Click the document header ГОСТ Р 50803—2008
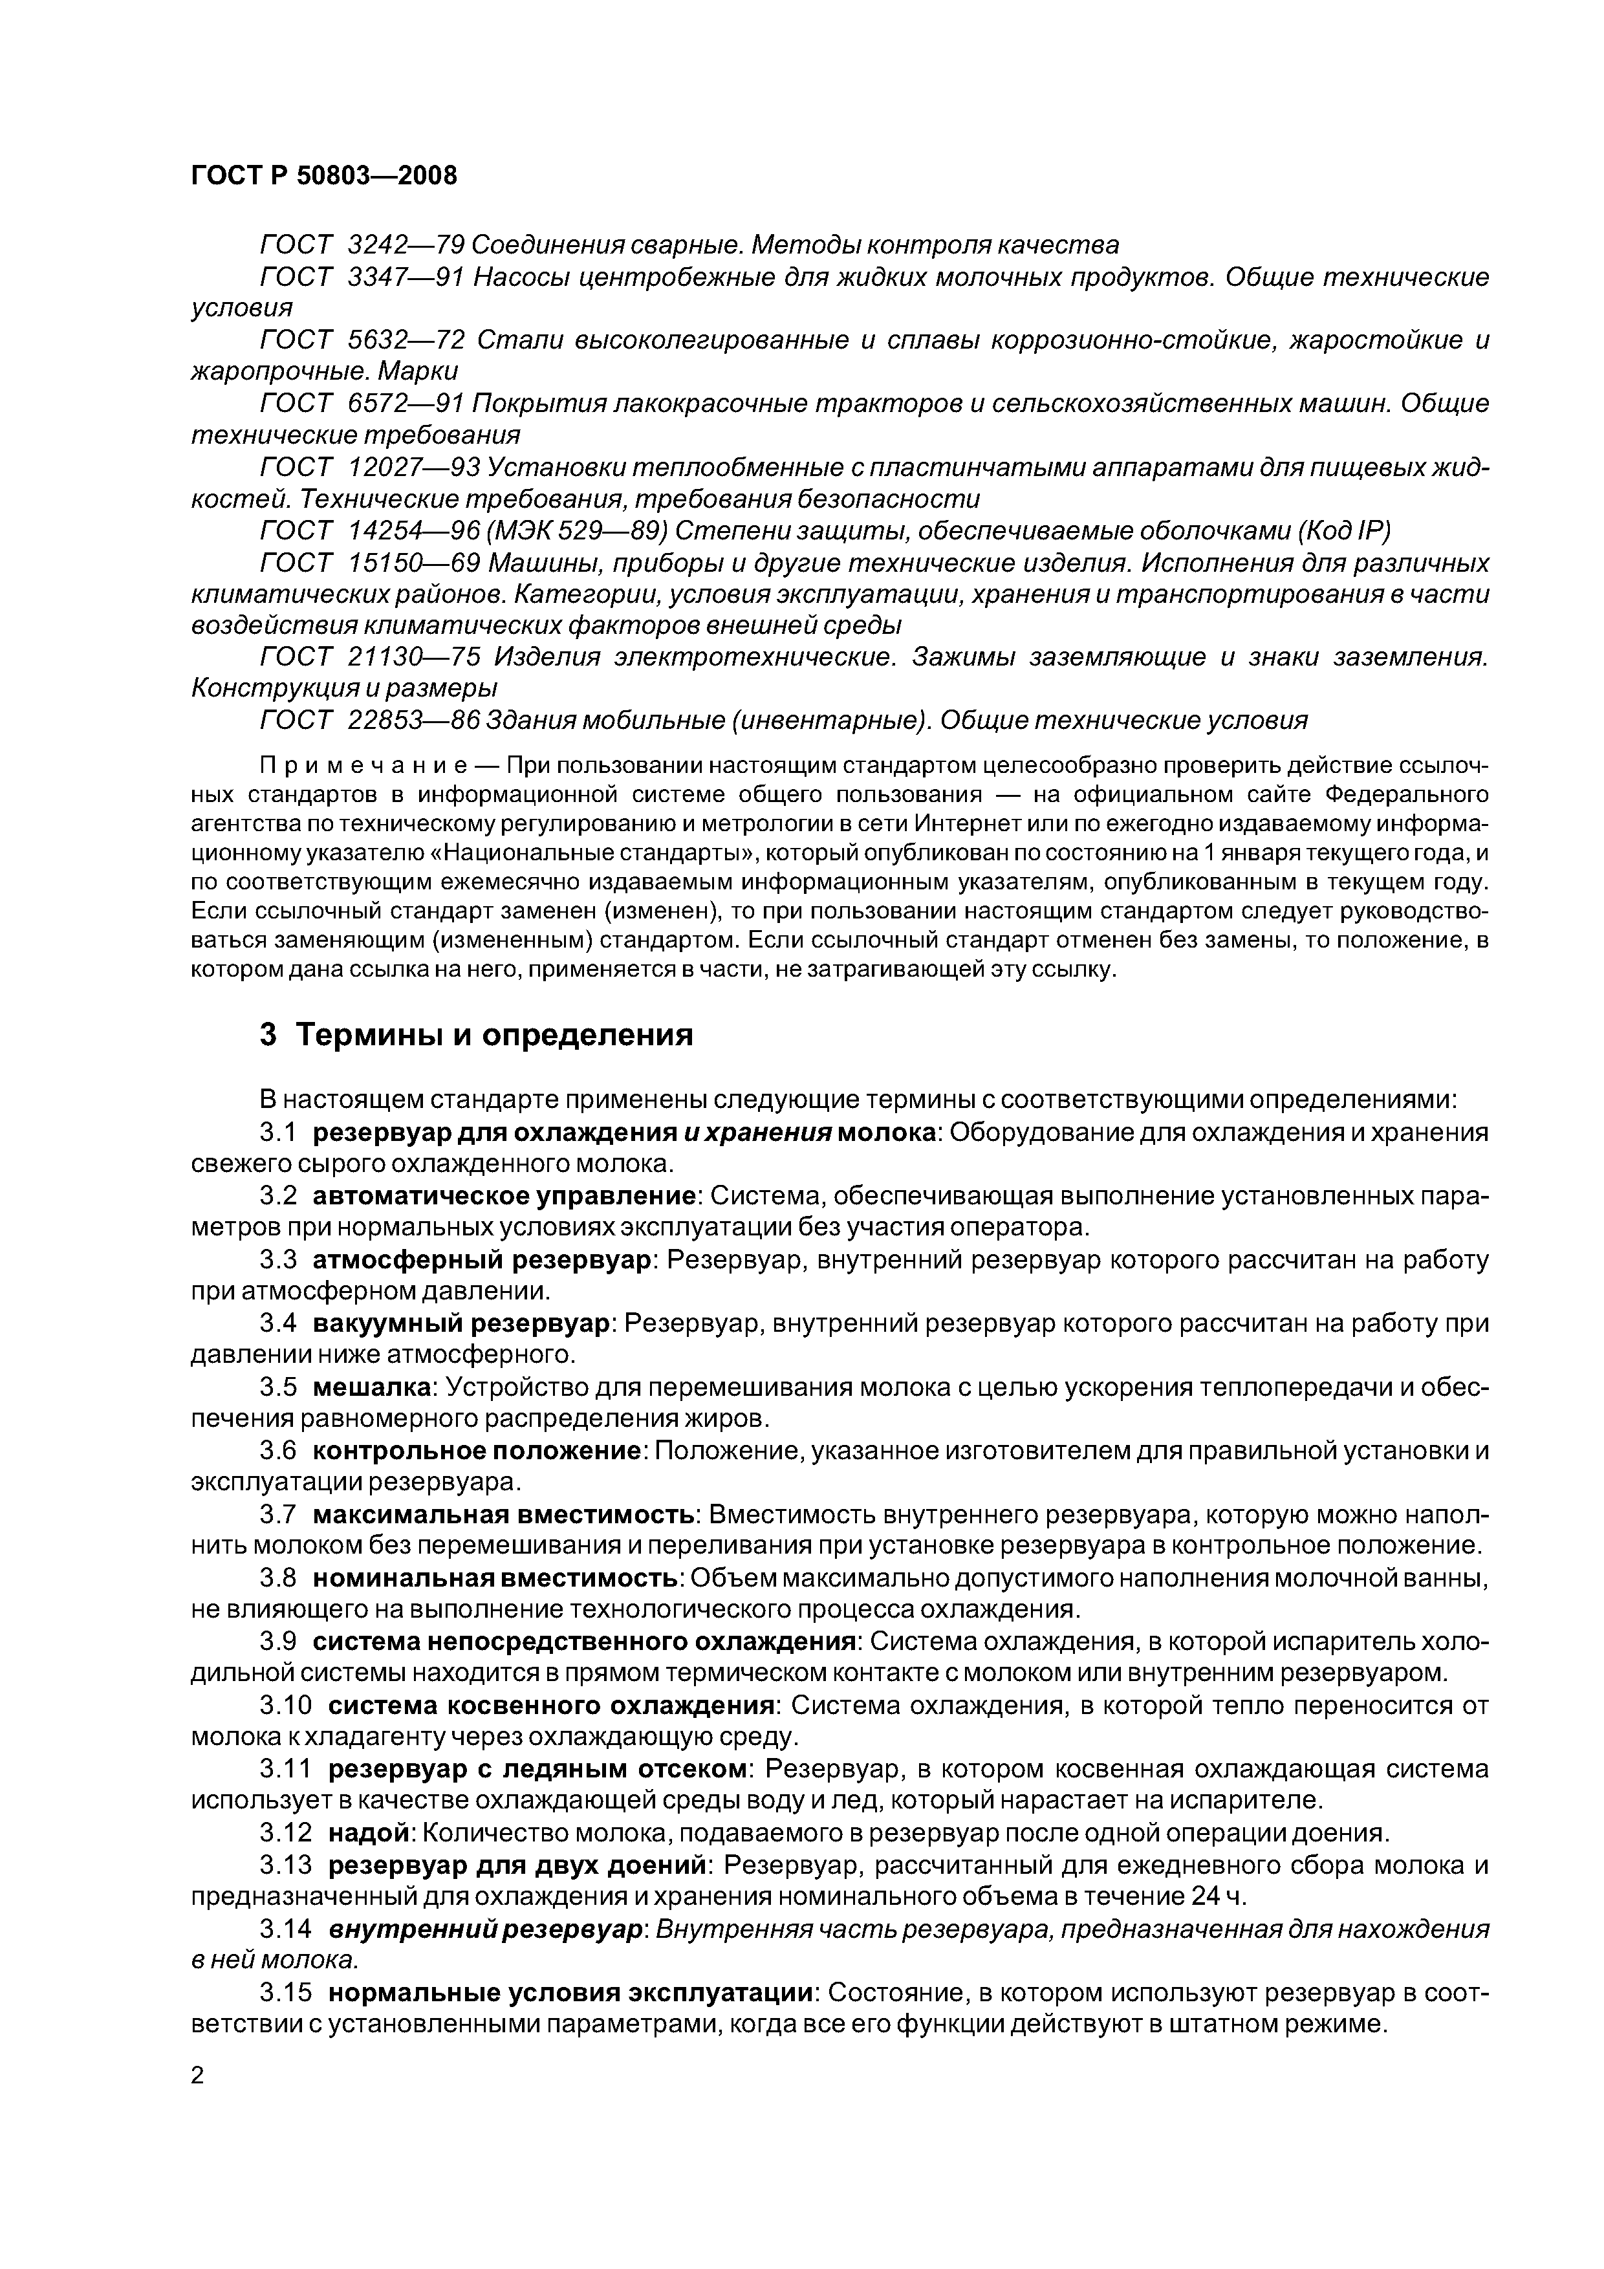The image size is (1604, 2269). [x=324, y=176]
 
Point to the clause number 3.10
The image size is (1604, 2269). [x=286, y=1706]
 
